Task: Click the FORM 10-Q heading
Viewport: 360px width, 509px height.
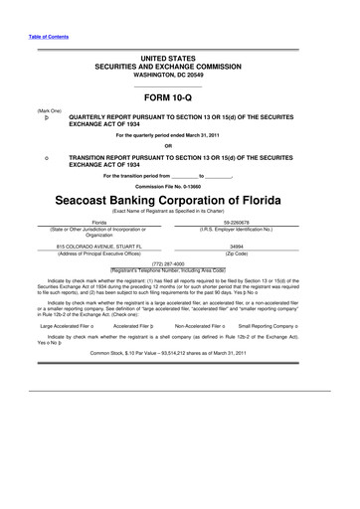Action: [180, 98]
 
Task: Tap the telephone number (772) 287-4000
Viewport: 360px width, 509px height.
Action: [180, 263]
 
